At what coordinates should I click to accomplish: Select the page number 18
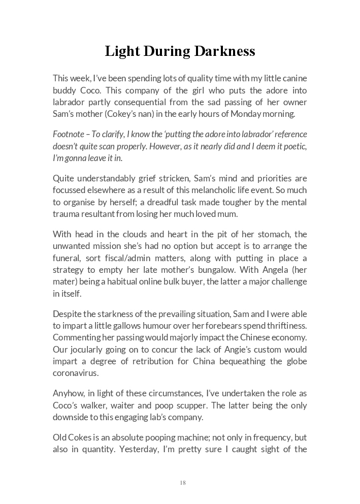[183, 483]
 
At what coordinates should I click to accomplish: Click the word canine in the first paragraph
[293, 78]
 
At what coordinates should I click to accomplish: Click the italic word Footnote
[68, 134]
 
